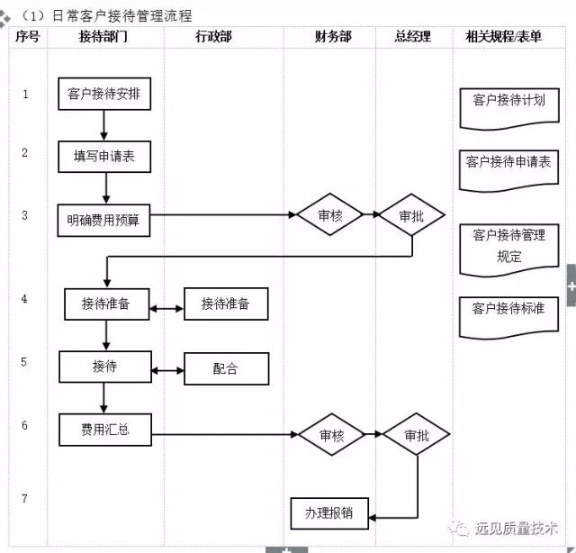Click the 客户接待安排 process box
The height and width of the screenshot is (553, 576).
tap(103, 93)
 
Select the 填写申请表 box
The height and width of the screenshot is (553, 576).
tap(103, 156)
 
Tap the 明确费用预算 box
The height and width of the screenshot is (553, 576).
tap(103, 219)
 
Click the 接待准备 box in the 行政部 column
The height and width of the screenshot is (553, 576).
tap(225, 304)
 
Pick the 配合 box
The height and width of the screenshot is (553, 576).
tap(226, 368)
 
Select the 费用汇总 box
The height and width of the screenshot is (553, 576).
tap(104, 430)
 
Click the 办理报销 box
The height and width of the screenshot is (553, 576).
tap(328, 512)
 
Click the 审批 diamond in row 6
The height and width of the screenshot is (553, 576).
tap(416, 436)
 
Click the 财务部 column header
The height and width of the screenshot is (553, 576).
tap(332, 37)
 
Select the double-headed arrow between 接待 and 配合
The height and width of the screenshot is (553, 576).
tap(166, 369)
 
